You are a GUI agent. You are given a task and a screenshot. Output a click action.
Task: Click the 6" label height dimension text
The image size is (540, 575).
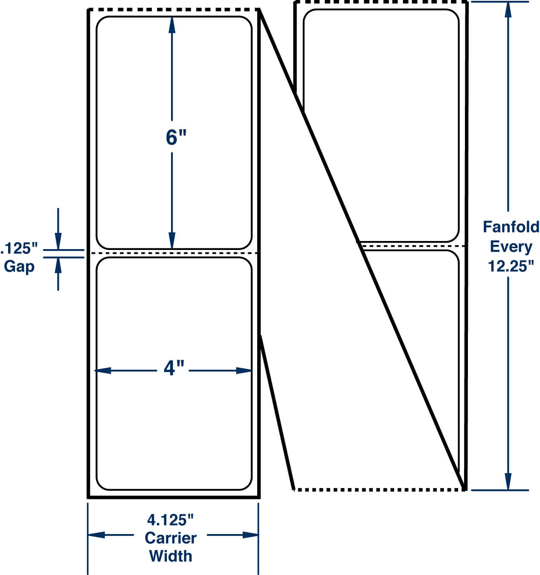176,137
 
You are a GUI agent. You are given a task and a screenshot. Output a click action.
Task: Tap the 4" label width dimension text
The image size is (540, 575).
174,368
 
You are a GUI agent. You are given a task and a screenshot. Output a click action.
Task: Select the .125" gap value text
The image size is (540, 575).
19,248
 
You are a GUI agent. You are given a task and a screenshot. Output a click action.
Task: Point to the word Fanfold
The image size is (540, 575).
511,227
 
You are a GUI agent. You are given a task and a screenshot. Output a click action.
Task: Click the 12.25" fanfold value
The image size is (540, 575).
511,266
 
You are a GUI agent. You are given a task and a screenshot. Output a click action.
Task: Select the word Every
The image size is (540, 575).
511,247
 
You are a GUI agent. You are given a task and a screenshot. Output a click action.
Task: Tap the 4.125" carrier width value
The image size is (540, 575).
170,520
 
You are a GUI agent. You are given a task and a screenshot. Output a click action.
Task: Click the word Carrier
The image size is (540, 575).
171,538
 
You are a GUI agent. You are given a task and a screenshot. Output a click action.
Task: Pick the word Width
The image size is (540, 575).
171,556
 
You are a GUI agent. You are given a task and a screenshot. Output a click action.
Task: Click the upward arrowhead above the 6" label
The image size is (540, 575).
172,25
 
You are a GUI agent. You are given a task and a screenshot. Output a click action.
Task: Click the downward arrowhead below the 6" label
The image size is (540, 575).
172,241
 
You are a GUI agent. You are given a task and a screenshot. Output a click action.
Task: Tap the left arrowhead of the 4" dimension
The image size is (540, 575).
103,371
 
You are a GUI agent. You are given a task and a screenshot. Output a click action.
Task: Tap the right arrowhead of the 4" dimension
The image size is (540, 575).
244,371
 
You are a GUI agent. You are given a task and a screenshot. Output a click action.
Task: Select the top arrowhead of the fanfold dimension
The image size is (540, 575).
508,10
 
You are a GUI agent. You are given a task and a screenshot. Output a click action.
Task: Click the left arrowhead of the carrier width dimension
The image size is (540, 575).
96,535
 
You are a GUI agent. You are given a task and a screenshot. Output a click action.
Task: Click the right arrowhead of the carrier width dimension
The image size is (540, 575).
250,535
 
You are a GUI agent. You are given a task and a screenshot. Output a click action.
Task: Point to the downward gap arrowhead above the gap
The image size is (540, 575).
58,241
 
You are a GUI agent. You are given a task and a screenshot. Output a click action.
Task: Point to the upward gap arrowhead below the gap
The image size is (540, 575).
58,266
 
